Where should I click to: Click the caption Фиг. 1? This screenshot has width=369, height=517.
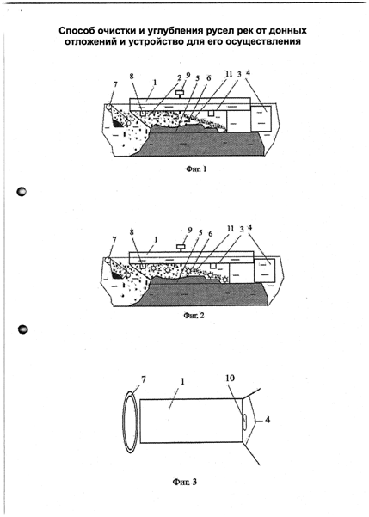[x=196, y=169]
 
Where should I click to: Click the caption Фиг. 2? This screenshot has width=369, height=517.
[x=194, y=316]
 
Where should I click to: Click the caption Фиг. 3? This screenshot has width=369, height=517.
[x=185, y=482]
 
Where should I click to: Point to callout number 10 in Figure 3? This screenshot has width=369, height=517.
[x=231, y=378]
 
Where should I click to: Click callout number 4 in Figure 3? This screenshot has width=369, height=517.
[x=268, y=420]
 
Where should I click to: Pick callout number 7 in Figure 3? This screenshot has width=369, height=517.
[x=143, y=379]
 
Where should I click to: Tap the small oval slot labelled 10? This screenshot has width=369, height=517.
[x=245, y=421]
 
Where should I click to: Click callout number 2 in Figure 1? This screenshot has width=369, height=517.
[x=180, y=77]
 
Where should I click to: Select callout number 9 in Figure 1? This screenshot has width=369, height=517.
[x=188, y=75]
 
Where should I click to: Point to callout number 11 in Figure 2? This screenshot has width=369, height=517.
[x=231, y=229]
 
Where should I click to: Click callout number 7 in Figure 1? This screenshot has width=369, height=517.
[x=114, y=85]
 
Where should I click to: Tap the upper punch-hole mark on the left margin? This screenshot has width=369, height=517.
[x=22, y=192]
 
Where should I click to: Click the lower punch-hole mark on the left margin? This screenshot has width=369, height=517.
[x=22, y=329]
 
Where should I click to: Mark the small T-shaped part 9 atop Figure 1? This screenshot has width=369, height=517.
[x=180, y=94]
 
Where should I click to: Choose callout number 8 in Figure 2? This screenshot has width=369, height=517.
[x=132, y=232]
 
